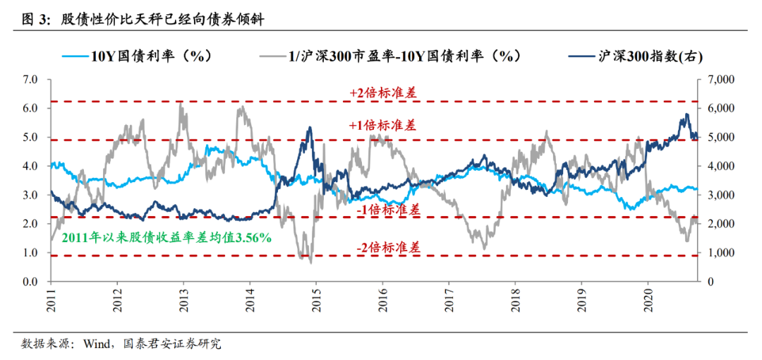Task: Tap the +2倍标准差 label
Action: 382,92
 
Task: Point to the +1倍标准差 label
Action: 382,126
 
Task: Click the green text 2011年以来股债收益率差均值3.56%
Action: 167,238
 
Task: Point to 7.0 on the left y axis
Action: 29,80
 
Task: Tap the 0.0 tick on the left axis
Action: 29,282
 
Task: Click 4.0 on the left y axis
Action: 29,167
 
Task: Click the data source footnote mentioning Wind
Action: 121,344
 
